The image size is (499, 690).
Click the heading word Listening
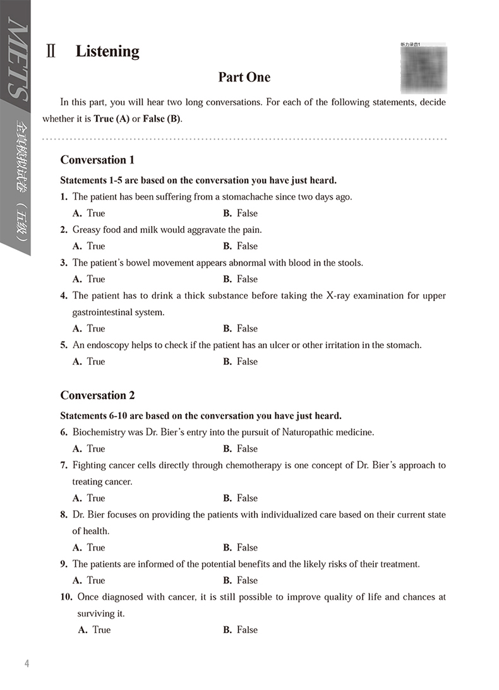point(107,52)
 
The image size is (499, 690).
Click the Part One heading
point(244,78)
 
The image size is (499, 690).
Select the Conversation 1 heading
point(97,160)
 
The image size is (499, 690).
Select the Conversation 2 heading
point(97,395)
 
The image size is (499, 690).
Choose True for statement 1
point(89,213)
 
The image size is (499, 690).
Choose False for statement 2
point(241,246)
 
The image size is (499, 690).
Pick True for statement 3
point(89,279)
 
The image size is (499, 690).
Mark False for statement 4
point(241,328)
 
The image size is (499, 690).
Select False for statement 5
point(241,361)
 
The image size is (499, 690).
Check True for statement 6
point(89,449)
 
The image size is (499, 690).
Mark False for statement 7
point(241,498)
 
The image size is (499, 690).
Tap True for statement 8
point(89,547)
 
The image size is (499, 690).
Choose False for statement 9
point(241,580)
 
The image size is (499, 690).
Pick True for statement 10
point(94,629)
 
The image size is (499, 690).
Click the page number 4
point(27,663)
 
